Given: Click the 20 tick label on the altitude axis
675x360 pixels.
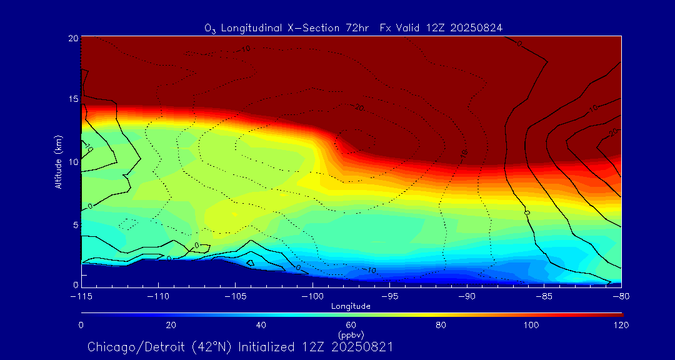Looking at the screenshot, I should pos(72,38).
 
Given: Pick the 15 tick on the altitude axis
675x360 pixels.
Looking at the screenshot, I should pos(72,100).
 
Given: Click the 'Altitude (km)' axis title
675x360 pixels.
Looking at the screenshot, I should pos(58,162).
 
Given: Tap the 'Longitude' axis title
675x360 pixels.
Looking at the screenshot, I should pos(351,306).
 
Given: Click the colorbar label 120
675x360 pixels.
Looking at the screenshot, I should pos(621,325).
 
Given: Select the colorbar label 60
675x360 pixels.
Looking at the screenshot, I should pos(351,325).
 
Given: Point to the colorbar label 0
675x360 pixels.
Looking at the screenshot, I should pos(81,325).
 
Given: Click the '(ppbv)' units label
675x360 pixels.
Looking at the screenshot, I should pos(351,334).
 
